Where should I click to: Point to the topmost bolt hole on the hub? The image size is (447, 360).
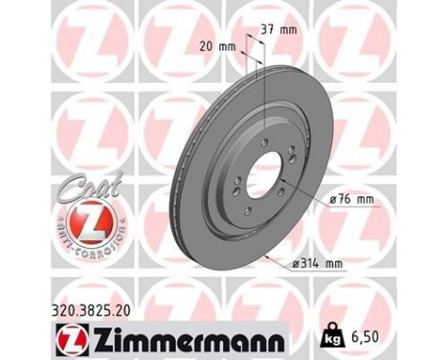click(x=263, y=141)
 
